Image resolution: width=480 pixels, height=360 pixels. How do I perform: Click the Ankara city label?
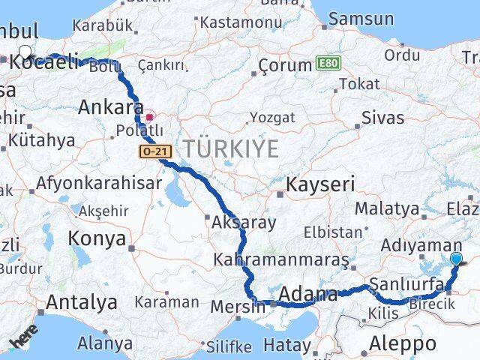pos(111,107)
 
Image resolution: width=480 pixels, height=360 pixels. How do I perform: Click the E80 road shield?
pos(327,62)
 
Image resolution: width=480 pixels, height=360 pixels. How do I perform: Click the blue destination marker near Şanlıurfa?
pos(457,260)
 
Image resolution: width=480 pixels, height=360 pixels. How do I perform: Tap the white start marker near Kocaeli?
pos(25,52)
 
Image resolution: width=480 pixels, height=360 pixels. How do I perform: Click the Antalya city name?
pos(82,302)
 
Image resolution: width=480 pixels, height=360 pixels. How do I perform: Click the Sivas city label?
pos(382,118)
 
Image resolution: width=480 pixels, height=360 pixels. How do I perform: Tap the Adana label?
pos(307,295)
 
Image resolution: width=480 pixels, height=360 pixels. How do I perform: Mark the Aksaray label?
pos(244,222)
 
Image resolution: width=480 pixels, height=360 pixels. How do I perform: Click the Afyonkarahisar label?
pos(99,182)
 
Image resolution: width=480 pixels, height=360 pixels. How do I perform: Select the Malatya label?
pos(386,208)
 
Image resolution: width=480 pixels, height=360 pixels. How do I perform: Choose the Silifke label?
pos(228,346)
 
